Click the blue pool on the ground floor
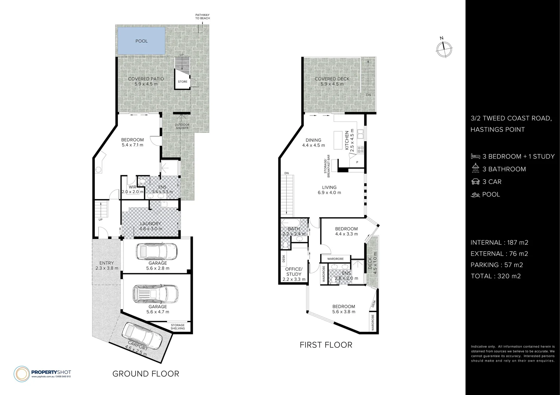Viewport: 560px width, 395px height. [142, 41]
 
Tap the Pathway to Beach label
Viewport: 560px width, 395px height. [202, 16]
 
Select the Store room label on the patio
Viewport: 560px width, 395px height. [182, 82]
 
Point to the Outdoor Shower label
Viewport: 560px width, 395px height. [182, 126]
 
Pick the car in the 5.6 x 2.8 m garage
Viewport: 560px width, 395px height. [156, 252]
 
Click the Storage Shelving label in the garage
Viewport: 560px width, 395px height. [178, 327]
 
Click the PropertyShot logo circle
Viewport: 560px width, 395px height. [21, 373]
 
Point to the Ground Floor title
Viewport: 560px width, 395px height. [145, 374]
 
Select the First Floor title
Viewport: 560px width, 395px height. [326, 345]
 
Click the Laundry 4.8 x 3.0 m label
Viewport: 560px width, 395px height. [151, 226]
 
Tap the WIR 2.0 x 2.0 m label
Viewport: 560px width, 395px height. [132, 189]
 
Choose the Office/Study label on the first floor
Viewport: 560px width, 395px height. [294, 271]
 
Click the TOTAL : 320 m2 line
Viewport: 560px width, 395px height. [496, 276]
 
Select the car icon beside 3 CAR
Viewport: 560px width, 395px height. [475, 182]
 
